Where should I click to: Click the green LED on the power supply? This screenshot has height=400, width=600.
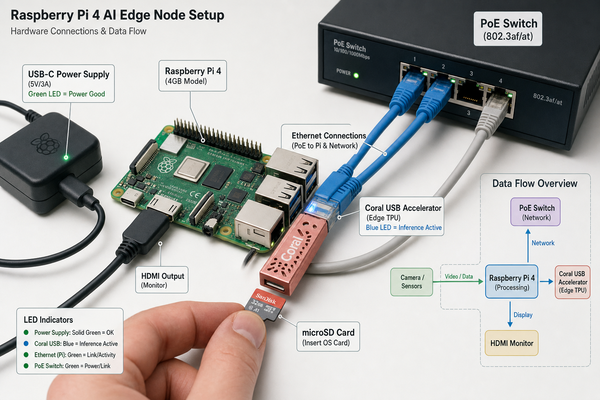(x=66, y=157)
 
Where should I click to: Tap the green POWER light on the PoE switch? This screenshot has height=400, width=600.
(x=356, y=75)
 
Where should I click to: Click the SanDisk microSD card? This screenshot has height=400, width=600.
(x=265, y=305)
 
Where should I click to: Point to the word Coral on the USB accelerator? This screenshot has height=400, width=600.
(x=293, y=248)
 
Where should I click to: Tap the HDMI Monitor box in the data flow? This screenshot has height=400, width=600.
(x=511, y=343)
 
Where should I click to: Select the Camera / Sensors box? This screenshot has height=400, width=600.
(x=411, y=282)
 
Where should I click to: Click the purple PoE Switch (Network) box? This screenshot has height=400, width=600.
(x=535, y=212)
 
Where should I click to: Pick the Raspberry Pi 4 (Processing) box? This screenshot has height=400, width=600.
(x=512, y=282)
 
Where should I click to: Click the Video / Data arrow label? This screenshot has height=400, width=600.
(x=459, y=277)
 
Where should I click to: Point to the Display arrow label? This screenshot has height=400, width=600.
(x=523, y=315)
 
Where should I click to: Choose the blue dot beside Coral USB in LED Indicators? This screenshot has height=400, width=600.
(x=26, y=343)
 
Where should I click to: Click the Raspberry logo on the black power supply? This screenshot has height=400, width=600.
(x=45, y=144)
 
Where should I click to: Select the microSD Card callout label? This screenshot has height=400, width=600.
(x=328, y=337)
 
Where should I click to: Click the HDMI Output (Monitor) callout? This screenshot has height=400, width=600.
(x=162, y=280)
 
